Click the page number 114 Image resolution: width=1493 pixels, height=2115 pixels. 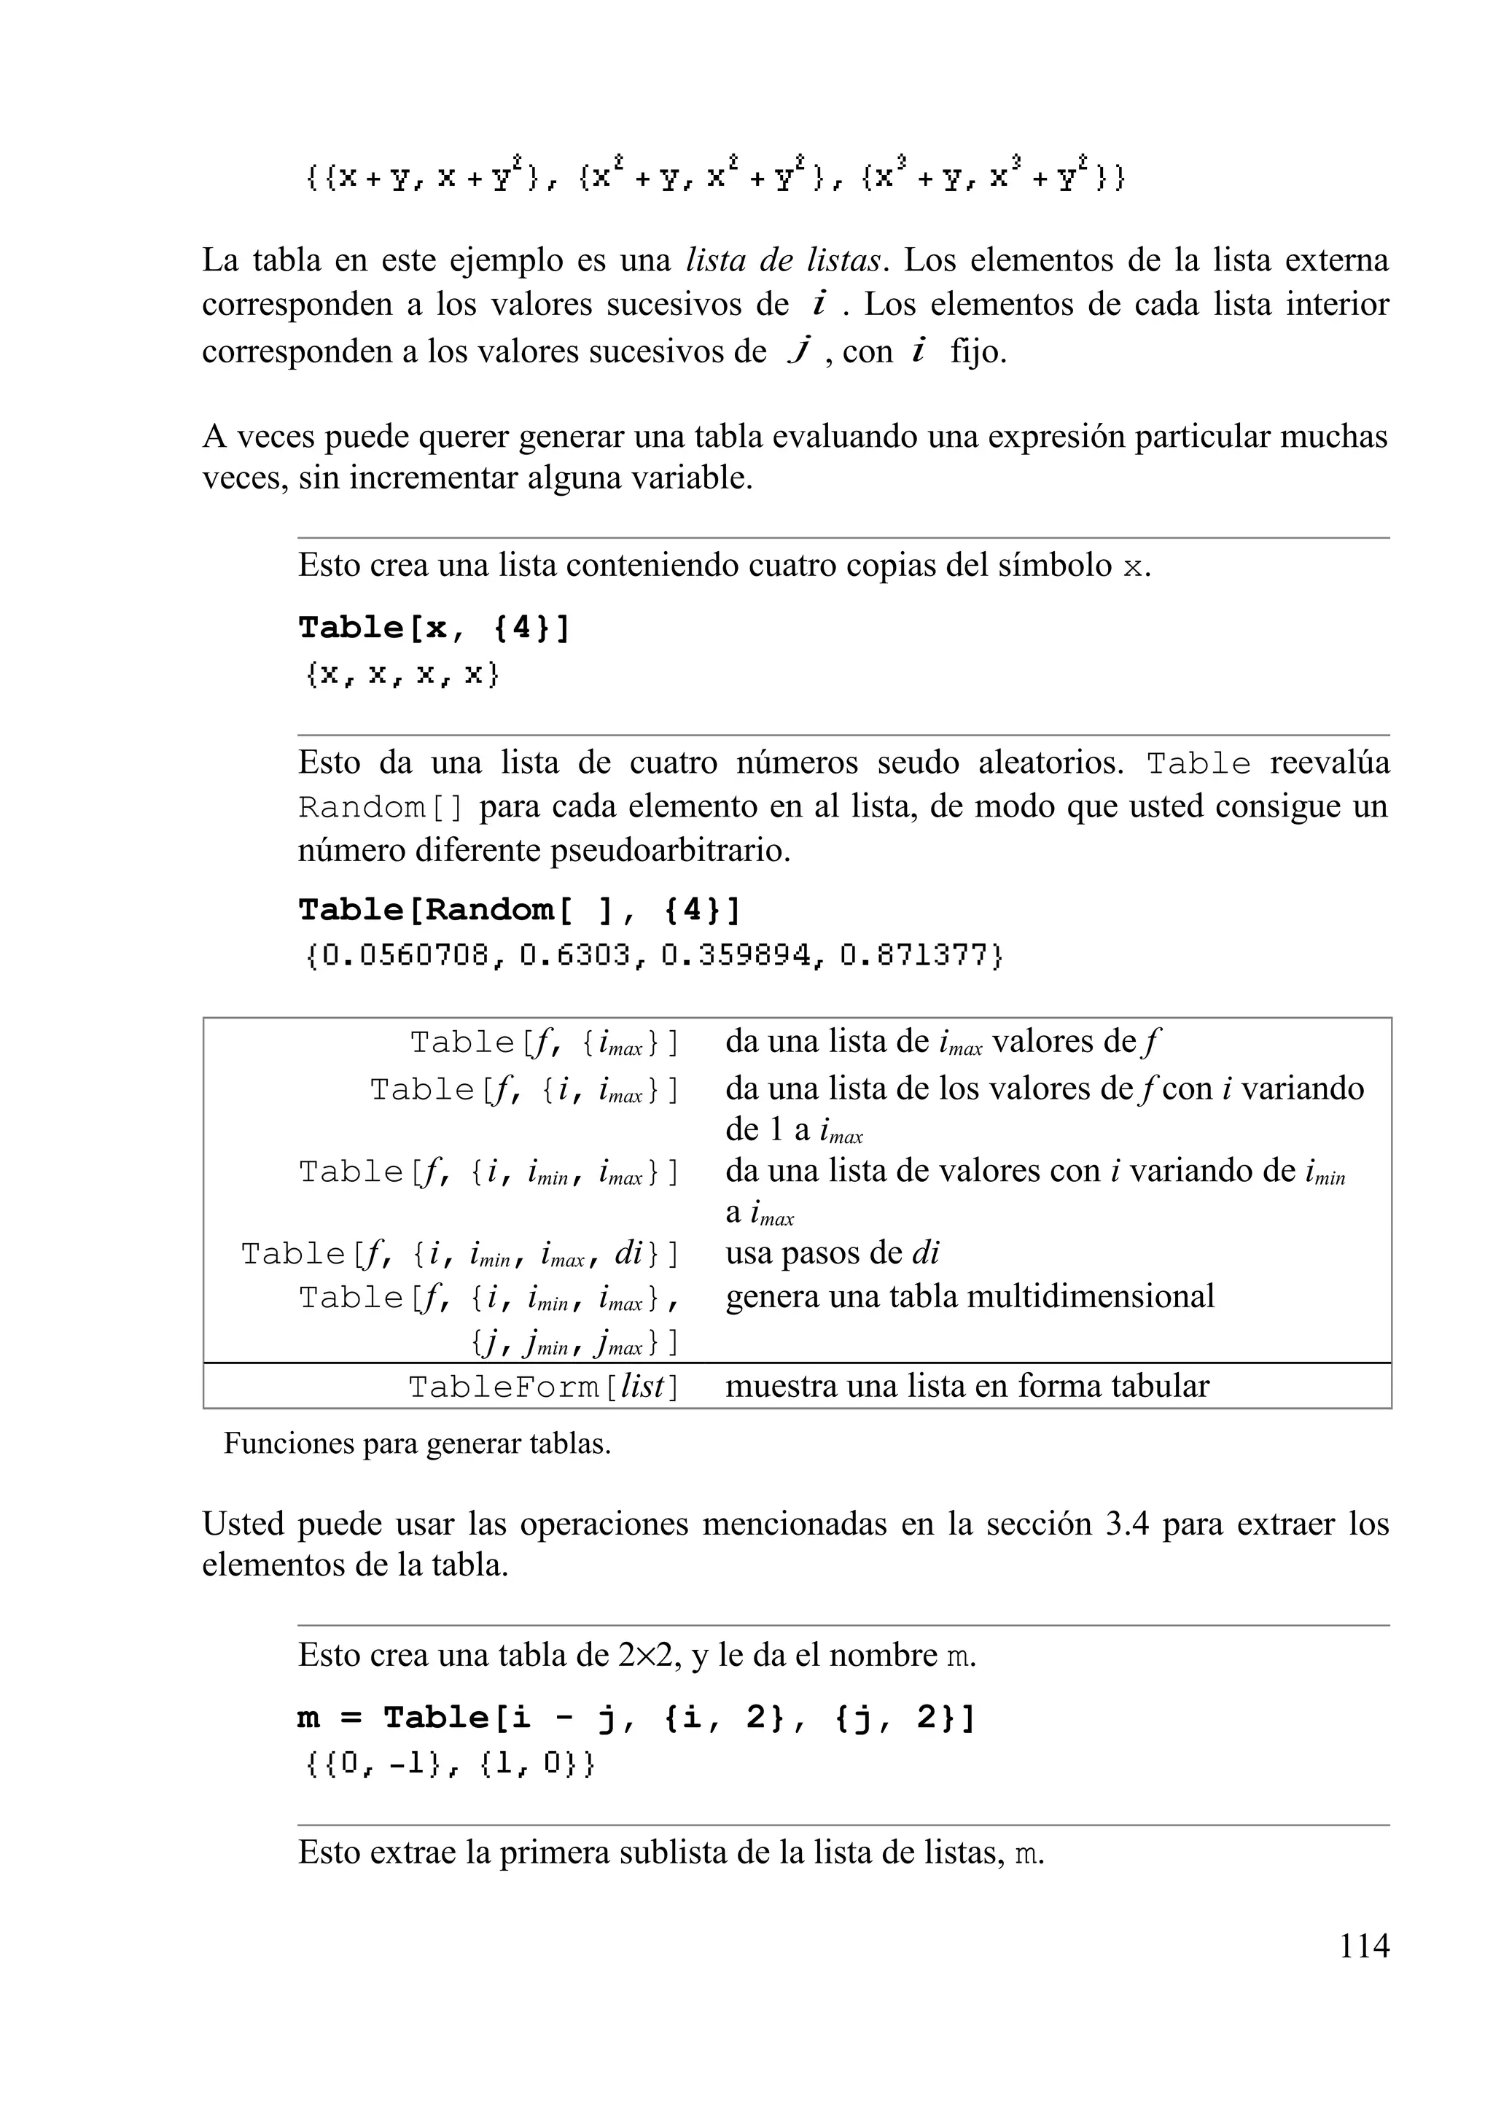click(1363, 1946)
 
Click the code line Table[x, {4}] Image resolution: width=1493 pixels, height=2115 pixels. click(434, 628)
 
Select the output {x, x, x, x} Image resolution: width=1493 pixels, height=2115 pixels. click(402, 675)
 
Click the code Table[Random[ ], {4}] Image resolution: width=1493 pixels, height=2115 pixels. click(518, 910)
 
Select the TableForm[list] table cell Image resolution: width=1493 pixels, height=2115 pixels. click(543, 1387)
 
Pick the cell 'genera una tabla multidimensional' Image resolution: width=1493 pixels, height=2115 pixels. click(969, 1296)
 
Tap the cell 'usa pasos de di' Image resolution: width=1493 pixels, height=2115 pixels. click(832, 1253)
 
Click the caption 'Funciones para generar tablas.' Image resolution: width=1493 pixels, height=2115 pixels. click(417, 1444)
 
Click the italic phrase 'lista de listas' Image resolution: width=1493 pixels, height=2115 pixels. click(784, 261)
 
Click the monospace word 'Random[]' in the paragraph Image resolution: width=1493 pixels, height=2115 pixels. click(381, 807)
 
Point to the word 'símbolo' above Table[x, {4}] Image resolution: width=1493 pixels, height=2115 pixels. click(1055, 565)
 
